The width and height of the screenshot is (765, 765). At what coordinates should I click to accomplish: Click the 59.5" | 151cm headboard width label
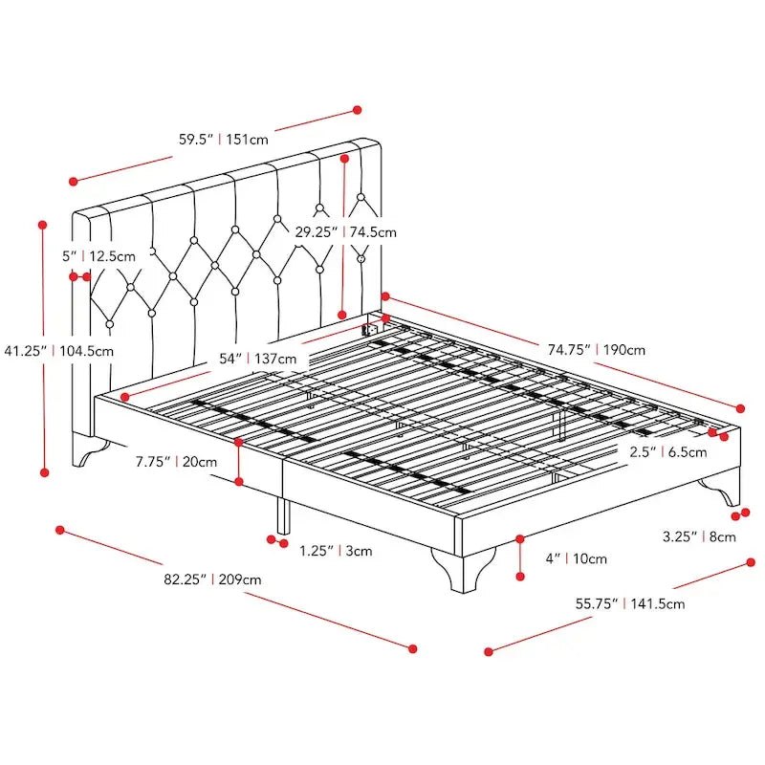pyautogui.click(x=223, y=139)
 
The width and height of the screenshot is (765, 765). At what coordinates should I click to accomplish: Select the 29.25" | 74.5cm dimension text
pyautogui.click(x=345, y=231)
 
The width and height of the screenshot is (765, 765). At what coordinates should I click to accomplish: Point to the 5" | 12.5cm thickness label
pyautogui.click(x=98, y=256)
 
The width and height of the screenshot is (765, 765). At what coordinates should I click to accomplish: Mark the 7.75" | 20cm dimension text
pyautogui.click(x=176, y=462)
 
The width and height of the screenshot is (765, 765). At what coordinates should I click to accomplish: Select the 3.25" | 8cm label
pyautogui.click(x=699, y=536)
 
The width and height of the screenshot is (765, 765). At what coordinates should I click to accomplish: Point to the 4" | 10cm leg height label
pyautogui.click(x=576, y=558)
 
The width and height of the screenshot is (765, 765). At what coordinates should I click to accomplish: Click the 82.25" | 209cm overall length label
pyautogui.click(x=212, y=579)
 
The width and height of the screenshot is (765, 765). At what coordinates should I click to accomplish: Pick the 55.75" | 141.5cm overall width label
pyautogui.click(x=629, y=603)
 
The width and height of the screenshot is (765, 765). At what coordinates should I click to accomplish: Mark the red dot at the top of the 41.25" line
pyautogui.click(x=42, y=225)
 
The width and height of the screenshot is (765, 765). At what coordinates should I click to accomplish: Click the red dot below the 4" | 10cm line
pyautogui.click(x=520, y=577)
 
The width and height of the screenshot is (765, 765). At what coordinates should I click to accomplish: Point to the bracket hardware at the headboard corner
pyautogui.click(x=371, y=329)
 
